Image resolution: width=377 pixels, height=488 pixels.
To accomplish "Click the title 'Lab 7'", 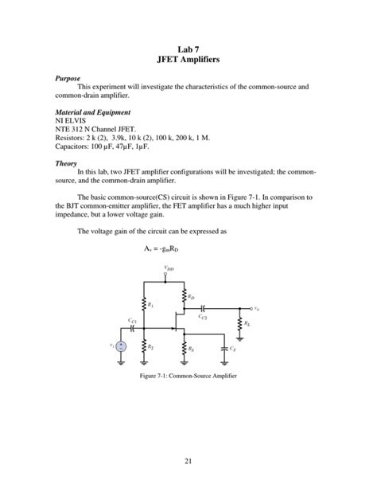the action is click(x=188, y=49).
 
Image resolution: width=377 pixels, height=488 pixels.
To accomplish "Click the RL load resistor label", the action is click(x=249, y=323).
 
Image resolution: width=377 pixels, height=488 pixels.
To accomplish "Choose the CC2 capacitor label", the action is click(x=204, y=317).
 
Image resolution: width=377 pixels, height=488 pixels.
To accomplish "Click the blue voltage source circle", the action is click(x=120, y=346).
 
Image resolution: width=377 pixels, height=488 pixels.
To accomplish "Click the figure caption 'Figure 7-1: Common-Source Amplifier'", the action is click(x=188, y=375).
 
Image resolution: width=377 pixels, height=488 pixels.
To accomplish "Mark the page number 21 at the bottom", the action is click(x=188, y=459).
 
